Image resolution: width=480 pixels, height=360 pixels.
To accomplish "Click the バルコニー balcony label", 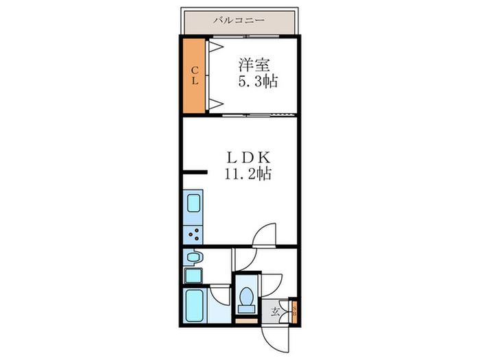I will coord(239,20).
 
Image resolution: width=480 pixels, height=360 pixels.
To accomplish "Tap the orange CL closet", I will coord(195,75).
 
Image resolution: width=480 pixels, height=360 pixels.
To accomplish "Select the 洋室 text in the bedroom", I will coord(253,67).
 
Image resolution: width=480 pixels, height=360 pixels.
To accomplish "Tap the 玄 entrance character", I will coord(276,312).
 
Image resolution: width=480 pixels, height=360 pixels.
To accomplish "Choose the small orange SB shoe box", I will coord(293,311).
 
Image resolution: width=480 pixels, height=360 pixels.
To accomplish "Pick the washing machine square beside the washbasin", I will coord(193,276).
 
